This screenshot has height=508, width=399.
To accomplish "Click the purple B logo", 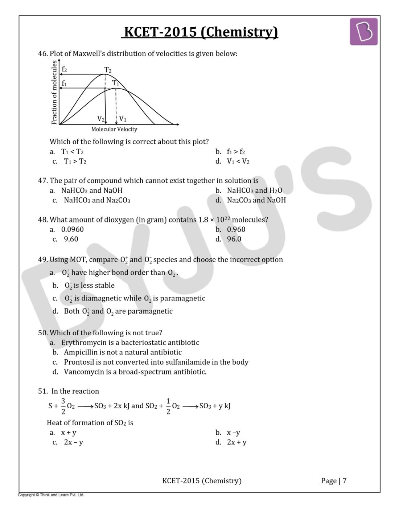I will [x=363, y=32].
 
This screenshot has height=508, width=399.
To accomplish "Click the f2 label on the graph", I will [x=64, y=69].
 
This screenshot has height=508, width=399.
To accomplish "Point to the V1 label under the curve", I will [x=123, y=119].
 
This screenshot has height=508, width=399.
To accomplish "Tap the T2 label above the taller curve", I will [x=108, y=70].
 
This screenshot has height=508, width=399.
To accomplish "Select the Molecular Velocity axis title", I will [x=114, y=129].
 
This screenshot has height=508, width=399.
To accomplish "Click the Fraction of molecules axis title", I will [x=54, y=93].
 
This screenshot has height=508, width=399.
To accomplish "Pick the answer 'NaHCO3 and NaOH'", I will [x=92, y=190].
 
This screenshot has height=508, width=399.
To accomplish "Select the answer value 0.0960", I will [x=72, y=229].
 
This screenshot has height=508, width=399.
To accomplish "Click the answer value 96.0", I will [x=234, y=239].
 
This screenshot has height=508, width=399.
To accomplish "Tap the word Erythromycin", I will [x=84, y=343].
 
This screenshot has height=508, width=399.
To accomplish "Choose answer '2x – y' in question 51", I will [x=73, y=442].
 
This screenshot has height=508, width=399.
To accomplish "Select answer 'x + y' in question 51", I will [x=69, y=433].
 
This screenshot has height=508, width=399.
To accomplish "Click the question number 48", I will [x=42, y=220].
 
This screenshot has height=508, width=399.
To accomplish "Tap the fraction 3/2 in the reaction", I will [x=63, y=406].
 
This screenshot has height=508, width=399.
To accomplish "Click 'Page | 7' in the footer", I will [x=334, y=481].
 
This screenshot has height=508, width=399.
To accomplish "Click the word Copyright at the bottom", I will [x=26, y=495].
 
